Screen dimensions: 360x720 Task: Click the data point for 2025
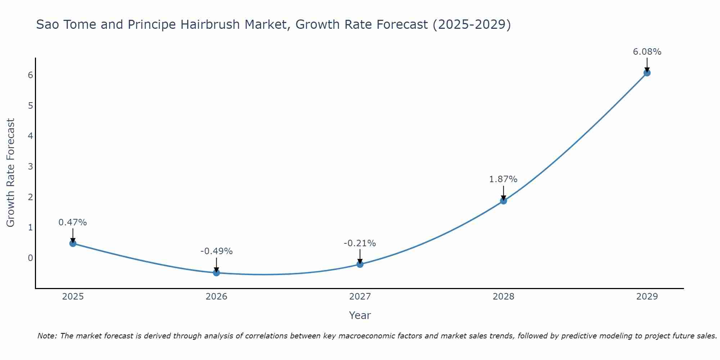[x=73, y=243]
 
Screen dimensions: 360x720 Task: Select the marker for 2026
[x=216, y=273]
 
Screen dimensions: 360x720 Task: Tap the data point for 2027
[x=360, y=264]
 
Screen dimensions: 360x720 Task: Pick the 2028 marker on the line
[x=503, y=201]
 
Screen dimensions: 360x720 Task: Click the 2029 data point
[x=647, y=73]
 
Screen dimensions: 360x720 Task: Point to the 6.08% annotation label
[x=647, y=52]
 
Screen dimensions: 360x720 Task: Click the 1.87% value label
[x=503, y=179]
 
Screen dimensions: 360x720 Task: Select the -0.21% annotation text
[x=360, y=243]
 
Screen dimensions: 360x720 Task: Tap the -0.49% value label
[x=216, y=251]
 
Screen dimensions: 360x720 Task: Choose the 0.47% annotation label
[x=73, y=222]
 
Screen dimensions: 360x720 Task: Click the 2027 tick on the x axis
[x=360, y=297]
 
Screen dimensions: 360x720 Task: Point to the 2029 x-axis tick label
[x=647, y=297]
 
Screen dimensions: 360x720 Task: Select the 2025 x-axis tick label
[x=73, y=297]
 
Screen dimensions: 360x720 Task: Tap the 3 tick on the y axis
[x=30, y=166]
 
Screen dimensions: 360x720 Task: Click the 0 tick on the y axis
[x=30, y=258]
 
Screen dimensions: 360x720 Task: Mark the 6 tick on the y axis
[x=30, y=75]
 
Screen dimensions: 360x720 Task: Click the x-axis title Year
[x=360, y=315]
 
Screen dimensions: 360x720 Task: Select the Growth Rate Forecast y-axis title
[x=11, y=173]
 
